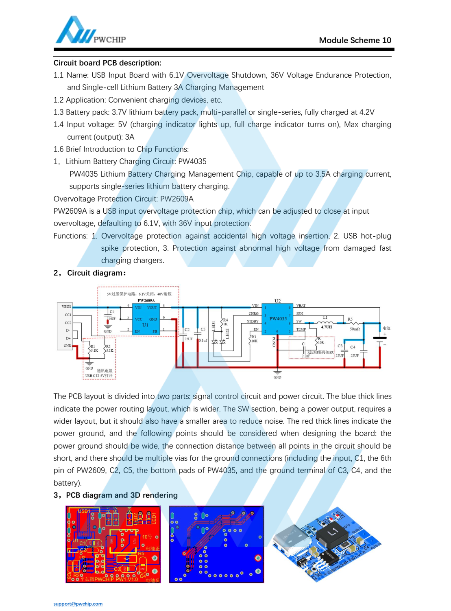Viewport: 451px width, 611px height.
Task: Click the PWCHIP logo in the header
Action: click(x=90, y=31)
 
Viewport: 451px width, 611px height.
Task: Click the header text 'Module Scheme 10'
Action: click(x=355, y=40)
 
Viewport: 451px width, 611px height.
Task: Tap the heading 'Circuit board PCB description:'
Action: click(x=107, y=63)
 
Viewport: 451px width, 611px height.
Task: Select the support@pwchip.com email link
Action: click(x=78, y=604)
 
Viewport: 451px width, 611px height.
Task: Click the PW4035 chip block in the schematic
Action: click(x=277, y=319)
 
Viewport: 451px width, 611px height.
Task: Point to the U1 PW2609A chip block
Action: click(x=146, y=320)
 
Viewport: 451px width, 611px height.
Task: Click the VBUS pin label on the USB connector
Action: click(x=66, y=307)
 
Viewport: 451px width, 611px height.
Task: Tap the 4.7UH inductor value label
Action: click(x=326, y=327)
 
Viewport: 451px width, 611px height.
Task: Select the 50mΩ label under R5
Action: click(x=355, y=329)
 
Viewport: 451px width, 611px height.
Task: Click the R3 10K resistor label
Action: click(x=254, y=339)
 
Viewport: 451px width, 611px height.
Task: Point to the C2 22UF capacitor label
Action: click(x=187, y=334)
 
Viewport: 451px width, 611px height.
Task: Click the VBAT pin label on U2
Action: click(x=301, y=306)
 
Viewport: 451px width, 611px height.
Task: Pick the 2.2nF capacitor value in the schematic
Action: click(x=305, y=356)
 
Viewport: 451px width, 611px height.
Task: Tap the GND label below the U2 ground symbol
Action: click(x=277, y=377)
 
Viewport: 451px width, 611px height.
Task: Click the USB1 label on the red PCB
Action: click(x=84, y=511)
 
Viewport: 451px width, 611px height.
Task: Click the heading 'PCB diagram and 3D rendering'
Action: click(x=122, y=495)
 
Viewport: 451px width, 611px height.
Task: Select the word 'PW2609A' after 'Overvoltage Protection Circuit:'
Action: click(x=177, y=199)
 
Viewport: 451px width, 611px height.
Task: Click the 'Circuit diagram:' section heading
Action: click(x=96, y=273)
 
